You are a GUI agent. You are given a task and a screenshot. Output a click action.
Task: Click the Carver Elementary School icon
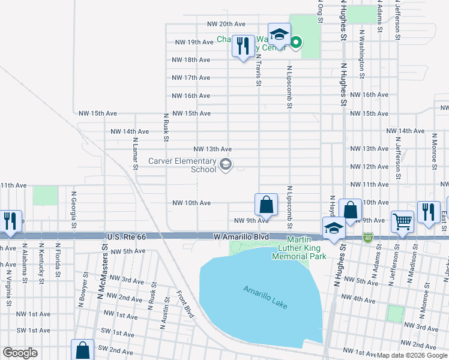tap(226, 164)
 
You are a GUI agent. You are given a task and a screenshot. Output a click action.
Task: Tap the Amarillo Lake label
tap(265, 297)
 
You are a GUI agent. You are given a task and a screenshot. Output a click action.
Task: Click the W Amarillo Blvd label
tap(241, 238)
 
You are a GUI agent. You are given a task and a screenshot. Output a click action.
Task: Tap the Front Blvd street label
tap(185, 305)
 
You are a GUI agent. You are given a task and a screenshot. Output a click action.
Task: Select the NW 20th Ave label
tap(226, 24)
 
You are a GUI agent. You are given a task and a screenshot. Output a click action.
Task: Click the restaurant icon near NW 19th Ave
tap(243, 47)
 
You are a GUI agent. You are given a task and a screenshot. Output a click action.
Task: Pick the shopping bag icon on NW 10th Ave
tap(266, 205)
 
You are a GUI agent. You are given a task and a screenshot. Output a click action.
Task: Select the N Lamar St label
tap(135, 155)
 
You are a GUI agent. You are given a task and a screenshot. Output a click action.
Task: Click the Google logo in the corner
tap(20, 353)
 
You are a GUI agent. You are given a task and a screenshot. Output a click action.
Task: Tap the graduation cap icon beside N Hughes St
tap(334, 228)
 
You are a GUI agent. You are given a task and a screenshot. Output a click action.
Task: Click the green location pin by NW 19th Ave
tap(296, 41)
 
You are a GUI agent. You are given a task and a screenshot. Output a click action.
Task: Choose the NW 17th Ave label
tap(191, 78)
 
